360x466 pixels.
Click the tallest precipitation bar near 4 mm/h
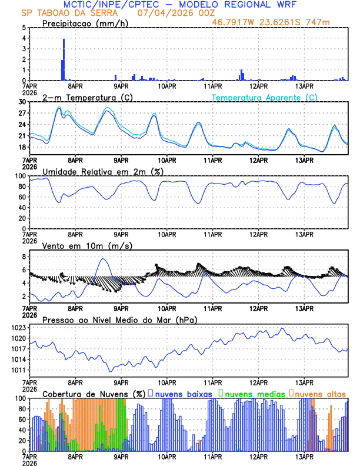[x=64, y=59]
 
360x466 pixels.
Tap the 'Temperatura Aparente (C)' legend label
[x=264, y=97]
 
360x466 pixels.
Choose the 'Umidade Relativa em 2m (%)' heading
[x=102, y=171]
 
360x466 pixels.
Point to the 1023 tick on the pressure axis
[x=19, y=328]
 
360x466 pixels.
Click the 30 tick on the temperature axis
[x=22, y=102]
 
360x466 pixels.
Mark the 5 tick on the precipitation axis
[x=24, y=28]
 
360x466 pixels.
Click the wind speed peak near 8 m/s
[x=104, y=259]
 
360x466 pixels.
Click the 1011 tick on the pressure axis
[x=19, y=370]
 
